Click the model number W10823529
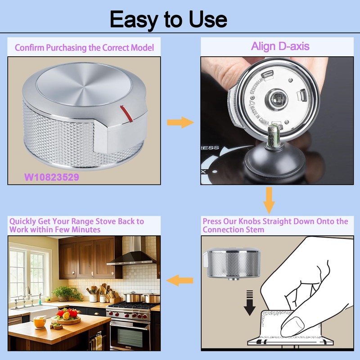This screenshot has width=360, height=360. pos(52,177)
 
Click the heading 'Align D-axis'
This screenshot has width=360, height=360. pos(280,46)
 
